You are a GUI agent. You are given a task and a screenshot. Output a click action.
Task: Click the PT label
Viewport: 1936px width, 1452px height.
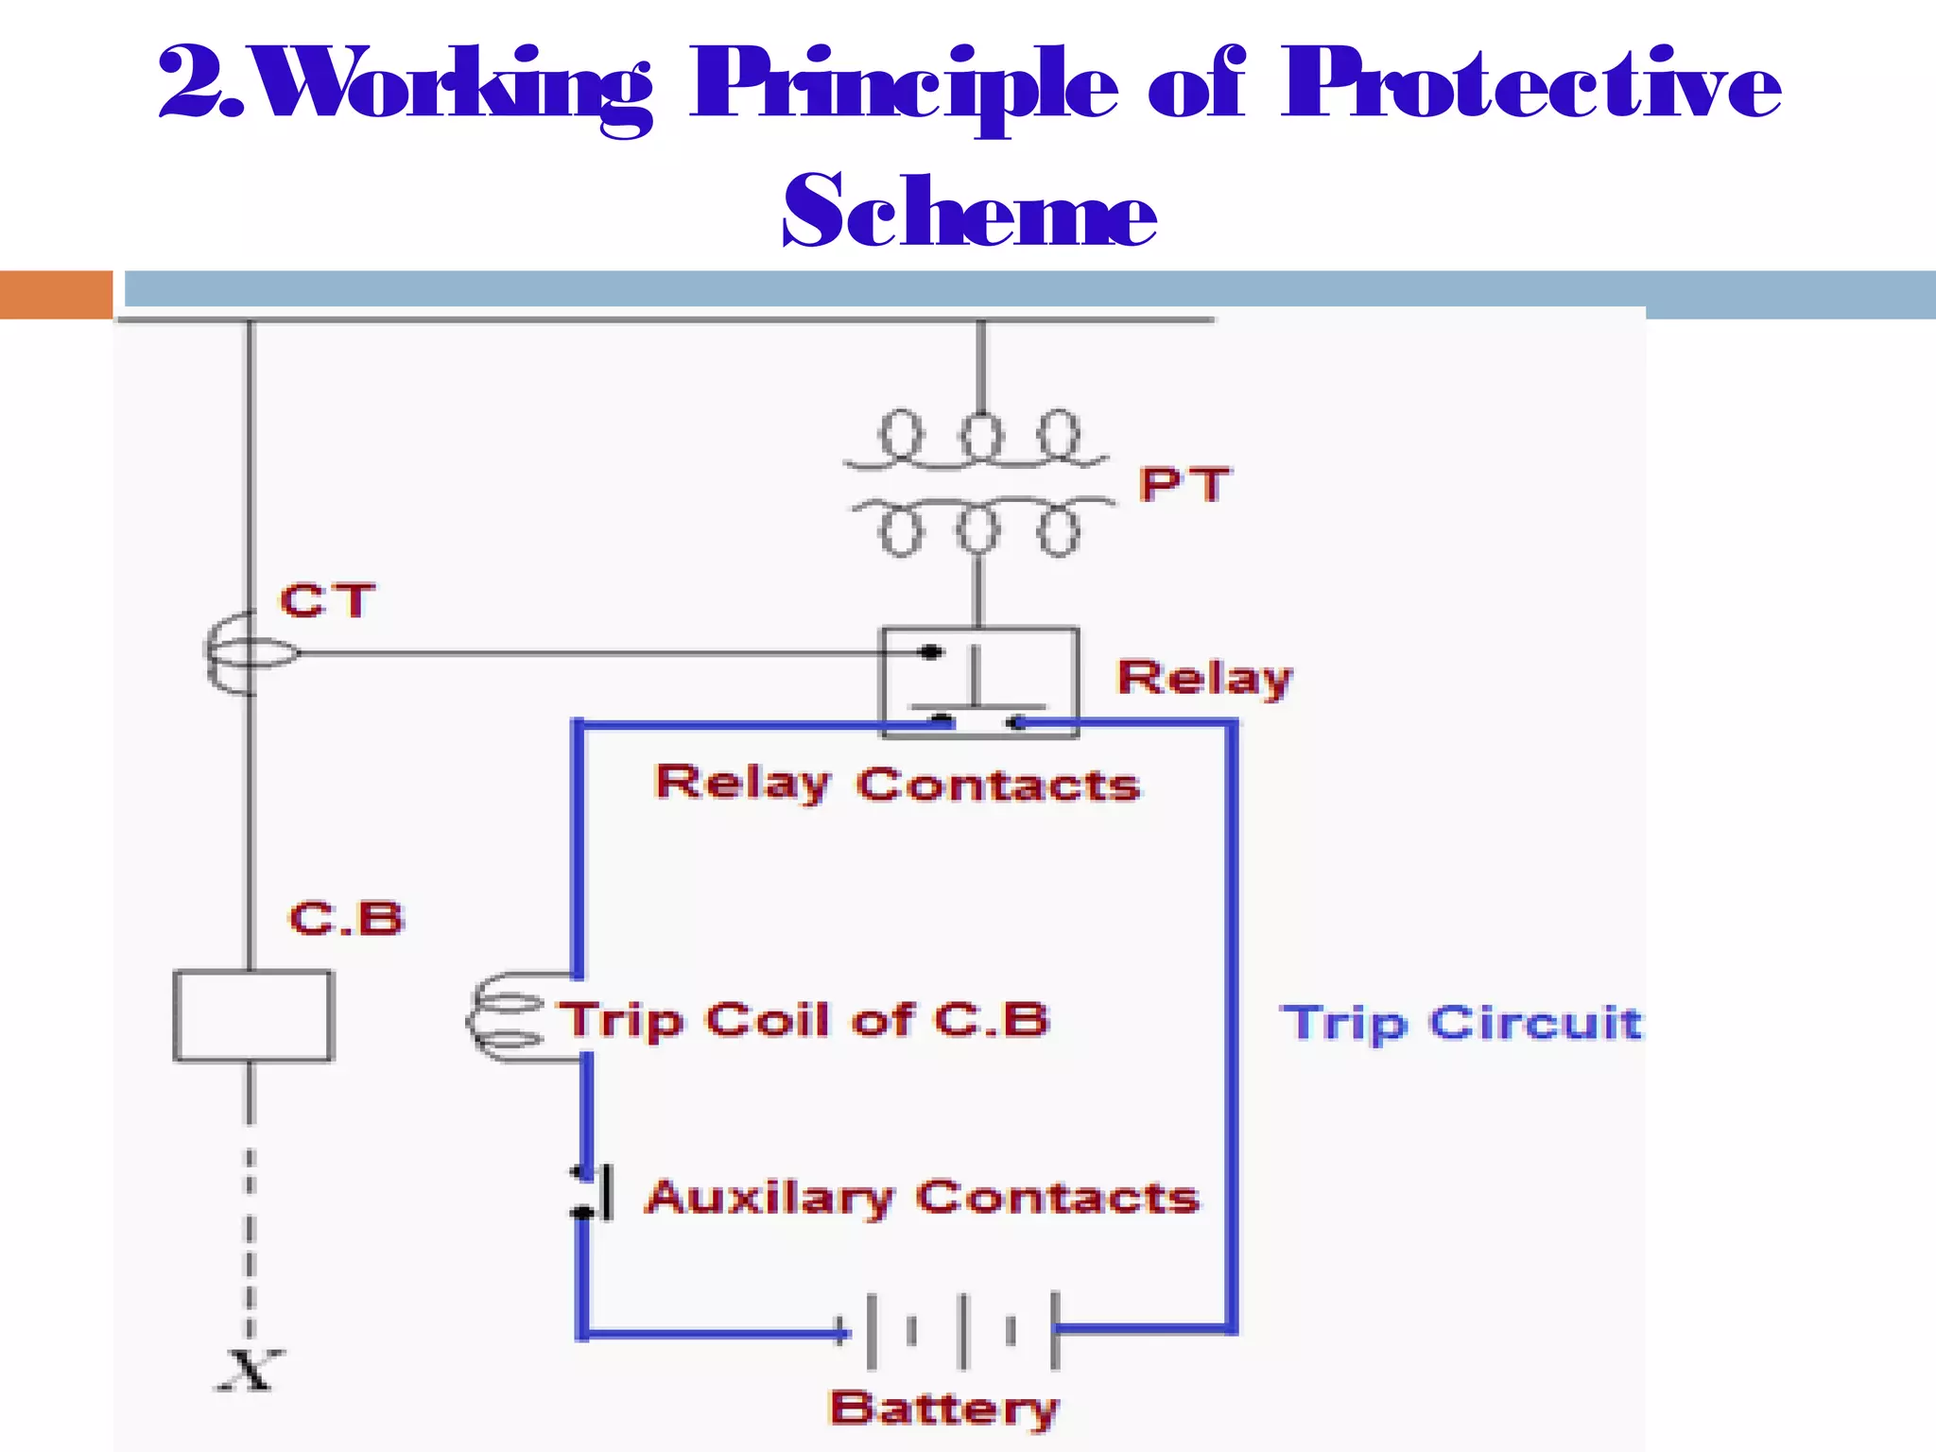pos(1184,484)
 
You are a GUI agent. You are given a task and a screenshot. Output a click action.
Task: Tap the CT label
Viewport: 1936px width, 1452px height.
pos(327,600)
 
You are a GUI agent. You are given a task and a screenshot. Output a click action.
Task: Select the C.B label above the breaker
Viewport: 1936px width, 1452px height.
pos(347,919)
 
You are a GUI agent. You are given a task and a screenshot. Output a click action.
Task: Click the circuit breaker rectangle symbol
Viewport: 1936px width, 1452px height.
pos(253,1016)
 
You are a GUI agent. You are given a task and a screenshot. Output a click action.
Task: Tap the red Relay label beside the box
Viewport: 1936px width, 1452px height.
pos(1204,678)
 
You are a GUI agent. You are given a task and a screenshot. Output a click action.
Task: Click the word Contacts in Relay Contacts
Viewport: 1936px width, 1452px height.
pos(998,785)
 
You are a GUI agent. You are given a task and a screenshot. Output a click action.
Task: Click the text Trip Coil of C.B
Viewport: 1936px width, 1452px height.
pos(804,1020)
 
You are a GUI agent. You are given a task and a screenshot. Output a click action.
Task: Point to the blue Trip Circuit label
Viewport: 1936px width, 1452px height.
pos(1461,1023)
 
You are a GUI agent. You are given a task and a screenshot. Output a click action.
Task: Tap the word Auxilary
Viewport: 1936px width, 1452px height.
pos(769,1198)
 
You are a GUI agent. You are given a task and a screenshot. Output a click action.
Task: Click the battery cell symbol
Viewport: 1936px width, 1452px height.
pos(962,1331)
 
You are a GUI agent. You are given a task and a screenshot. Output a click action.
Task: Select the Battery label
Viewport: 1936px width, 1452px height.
pos(943,1409)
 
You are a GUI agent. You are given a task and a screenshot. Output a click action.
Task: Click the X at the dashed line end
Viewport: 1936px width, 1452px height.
pos(250,1370)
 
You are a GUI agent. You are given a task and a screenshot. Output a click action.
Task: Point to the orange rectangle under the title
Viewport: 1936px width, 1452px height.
pos(56,294)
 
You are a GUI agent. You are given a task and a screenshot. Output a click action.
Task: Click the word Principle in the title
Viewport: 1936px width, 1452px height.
pos(903,87)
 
